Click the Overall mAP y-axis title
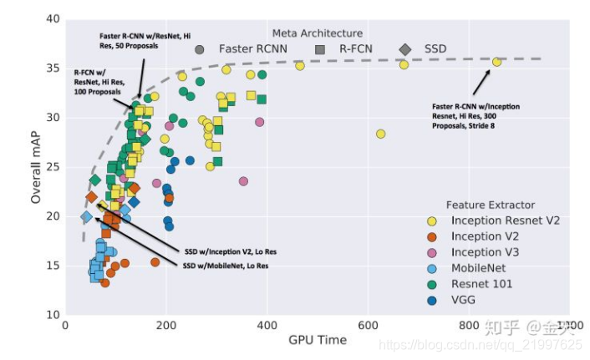36,167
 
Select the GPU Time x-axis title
317,340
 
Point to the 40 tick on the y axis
53,18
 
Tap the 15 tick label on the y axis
53,266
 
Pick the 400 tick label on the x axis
267,324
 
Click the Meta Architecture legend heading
317,33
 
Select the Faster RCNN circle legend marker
199,49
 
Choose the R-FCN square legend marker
320,49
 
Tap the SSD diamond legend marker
404,49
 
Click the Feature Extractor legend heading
491,205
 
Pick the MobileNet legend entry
481,268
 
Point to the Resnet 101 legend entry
484,284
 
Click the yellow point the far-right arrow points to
497,62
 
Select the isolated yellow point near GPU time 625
380,134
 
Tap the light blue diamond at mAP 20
86,217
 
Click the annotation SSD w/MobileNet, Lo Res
226,266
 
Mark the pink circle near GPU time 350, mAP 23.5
244,181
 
